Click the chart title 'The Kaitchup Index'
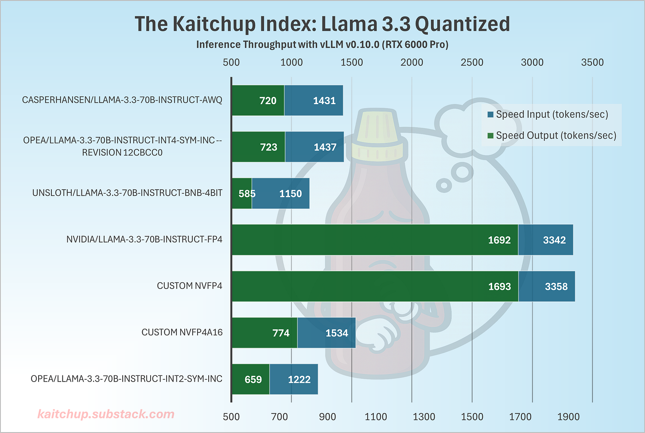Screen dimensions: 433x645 point(322,24)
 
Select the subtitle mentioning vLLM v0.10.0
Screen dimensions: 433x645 point(322,45)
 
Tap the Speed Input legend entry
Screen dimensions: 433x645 point(552,114)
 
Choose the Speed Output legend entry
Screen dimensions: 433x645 point(556,136)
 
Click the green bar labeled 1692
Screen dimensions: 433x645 point(374,240)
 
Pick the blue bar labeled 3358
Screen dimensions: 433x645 point(547,286)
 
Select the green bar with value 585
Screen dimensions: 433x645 point(242,193)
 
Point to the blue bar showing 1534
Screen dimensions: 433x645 point(326,333)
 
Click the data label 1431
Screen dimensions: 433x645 point(324,101)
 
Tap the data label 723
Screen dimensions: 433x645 point(268,147)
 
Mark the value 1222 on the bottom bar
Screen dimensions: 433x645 point(299,379)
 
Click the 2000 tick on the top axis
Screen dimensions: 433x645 point(412,62)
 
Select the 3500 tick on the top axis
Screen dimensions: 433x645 point(592,62)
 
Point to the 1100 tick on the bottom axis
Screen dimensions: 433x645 point(375,417)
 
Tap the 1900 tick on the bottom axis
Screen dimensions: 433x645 point(568,417)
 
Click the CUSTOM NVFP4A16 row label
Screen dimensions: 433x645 point(182,332)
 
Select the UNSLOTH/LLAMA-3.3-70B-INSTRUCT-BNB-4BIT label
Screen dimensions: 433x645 point(127,193)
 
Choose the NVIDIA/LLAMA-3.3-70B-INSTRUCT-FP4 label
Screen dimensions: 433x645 point(144,239)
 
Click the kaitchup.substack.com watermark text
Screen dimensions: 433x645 point(106,414)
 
